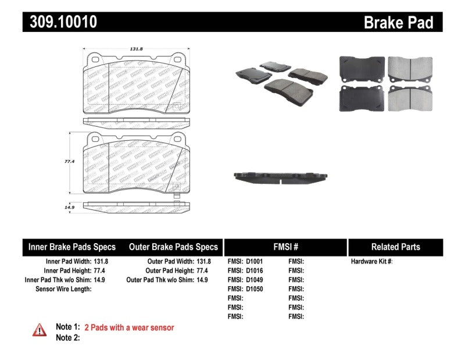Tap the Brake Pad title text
tap(398, 23)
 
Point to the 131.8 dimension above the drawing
tap(137, 50)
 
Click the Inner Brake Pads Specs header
tap(72, 247)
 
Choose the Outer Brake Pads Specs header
tap(173, 247)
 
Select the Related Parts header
tap(395, 247)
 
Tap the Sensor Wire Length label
tap(63, 289)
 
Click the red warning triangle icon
tap(40, 330)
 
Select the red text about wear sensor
tap(129, 327)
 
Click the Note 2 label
tap(67, 337)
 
